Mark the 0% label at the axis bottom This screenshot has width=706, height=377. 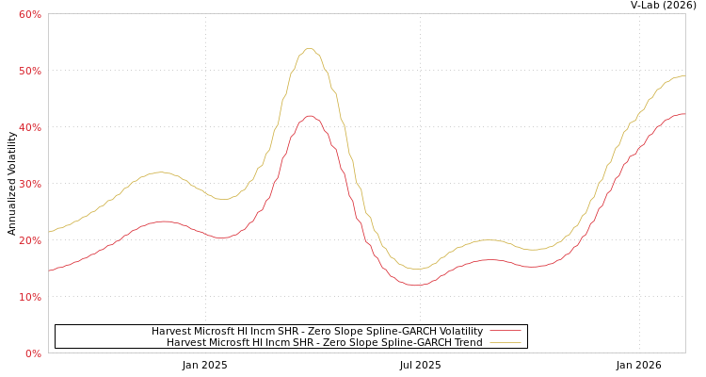coord(33,353)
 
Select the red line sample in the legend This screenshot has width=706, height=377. coord(505,332)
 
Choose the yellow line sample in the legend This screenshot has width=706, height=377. coord(505,343)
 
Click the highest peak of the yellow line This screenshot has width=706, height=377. coord(309,49)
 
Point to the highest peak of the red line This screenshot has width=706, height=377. coord(309,116)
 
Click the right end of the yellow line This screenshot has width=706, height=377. coord(684,76)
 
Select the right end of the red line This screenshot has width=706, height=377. coord(684,114)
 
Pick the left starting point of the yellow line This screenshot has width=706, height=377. coord(49,232)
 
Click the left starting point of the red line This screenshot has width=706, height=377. coord(49,270)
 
